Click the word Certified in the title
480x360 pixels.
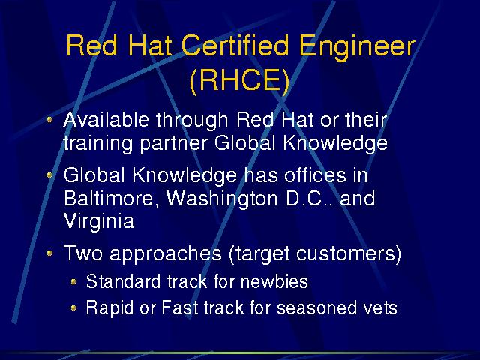coord(235,45)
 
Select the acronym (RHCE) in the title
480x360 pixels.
coord(240,80)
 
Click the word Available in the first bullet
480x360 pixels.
coord(106,119)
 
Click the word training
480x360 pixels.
coord(98,144)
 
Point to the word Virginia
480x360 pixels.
coord(99,222)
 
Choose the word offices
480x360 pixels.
coord(315,175)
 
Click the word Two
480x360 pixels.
coord(83,253)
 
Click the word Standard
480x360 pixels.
coord(123,281)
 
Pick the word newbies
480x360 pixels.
coord(274,281)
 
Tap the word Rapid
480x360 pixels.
coord(109,308)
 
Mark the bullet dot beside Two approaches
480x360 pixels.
coord(49,253)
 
